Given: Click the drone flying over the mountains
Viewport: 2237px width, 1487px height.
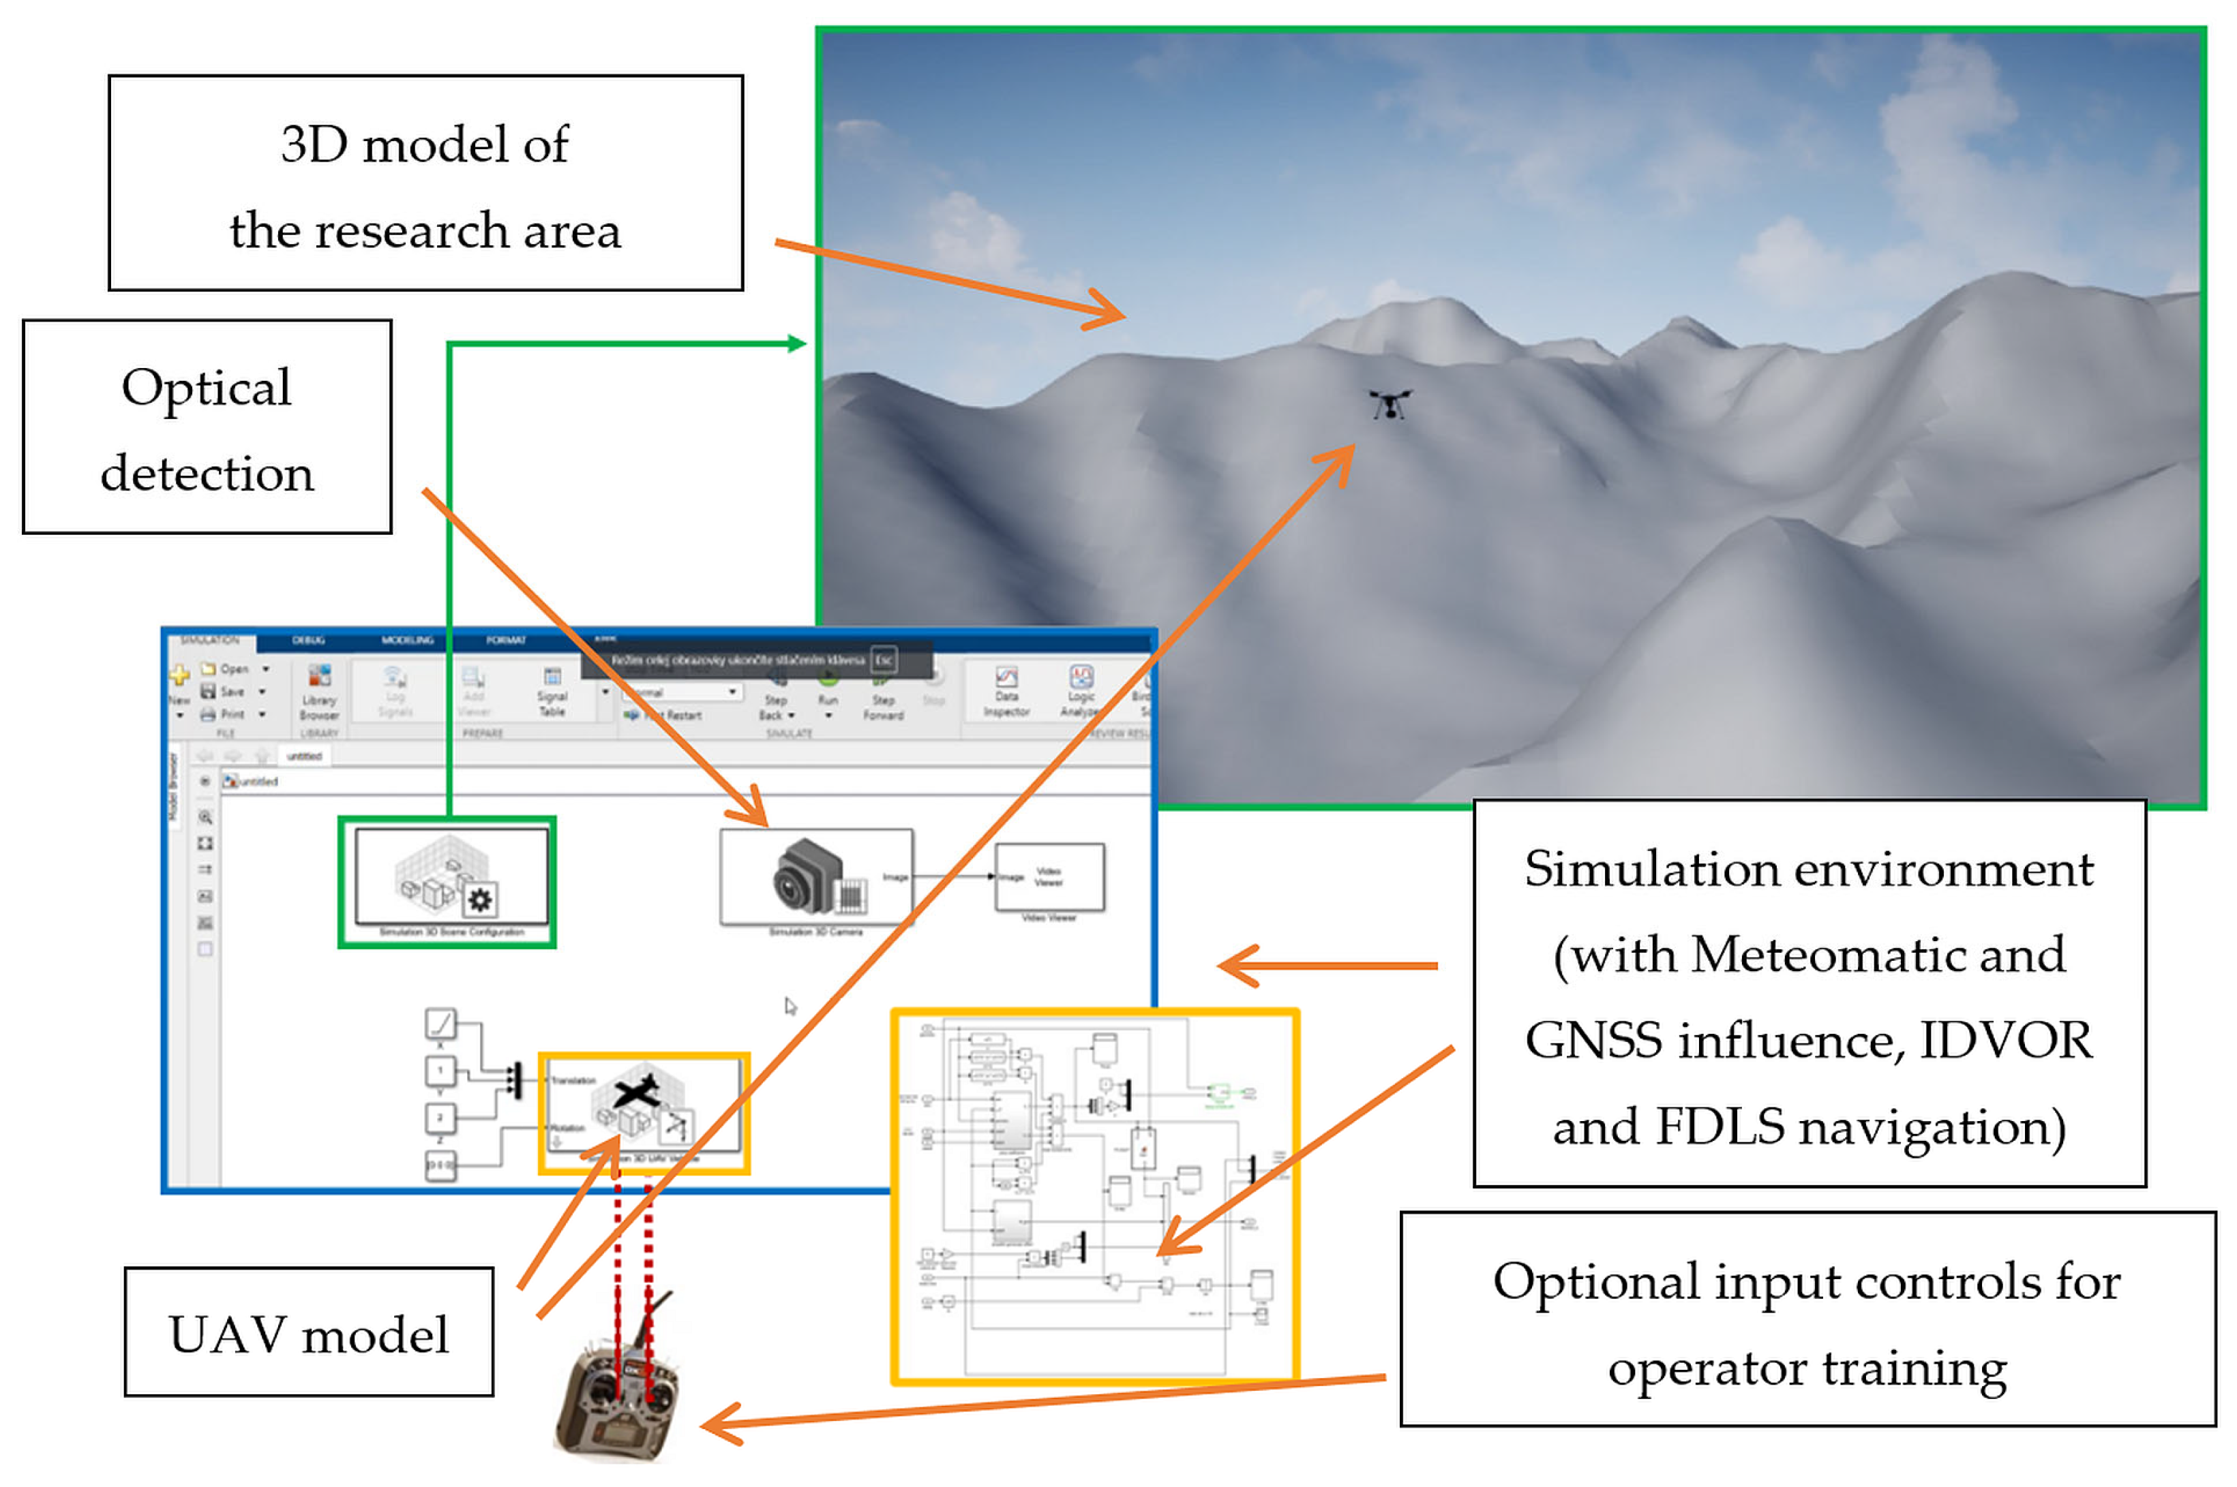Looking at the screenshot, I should click(1389, 404).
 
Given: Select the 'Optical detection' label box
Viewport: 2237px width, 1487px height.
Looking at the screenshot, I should click(207, 427).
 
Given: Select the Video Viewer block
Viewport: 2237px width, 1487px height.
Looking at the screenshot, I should click(1049, 877).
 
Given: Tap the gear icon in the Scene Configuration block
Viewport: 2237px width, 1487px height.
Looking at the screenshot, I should click(480, 899).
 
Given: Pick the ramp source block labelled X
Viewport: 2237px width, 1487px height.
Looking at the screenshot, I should click(440, 1024).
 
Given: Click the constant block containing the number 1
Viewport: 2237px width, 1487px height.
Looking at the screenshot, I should click(440, 1071).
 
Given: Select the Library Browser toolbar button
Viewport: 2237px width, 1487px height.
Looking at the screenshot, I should click(319, 692).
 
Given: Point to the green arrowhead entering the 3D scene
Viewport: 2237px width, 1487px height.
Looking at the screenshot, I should click(797, 343).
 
